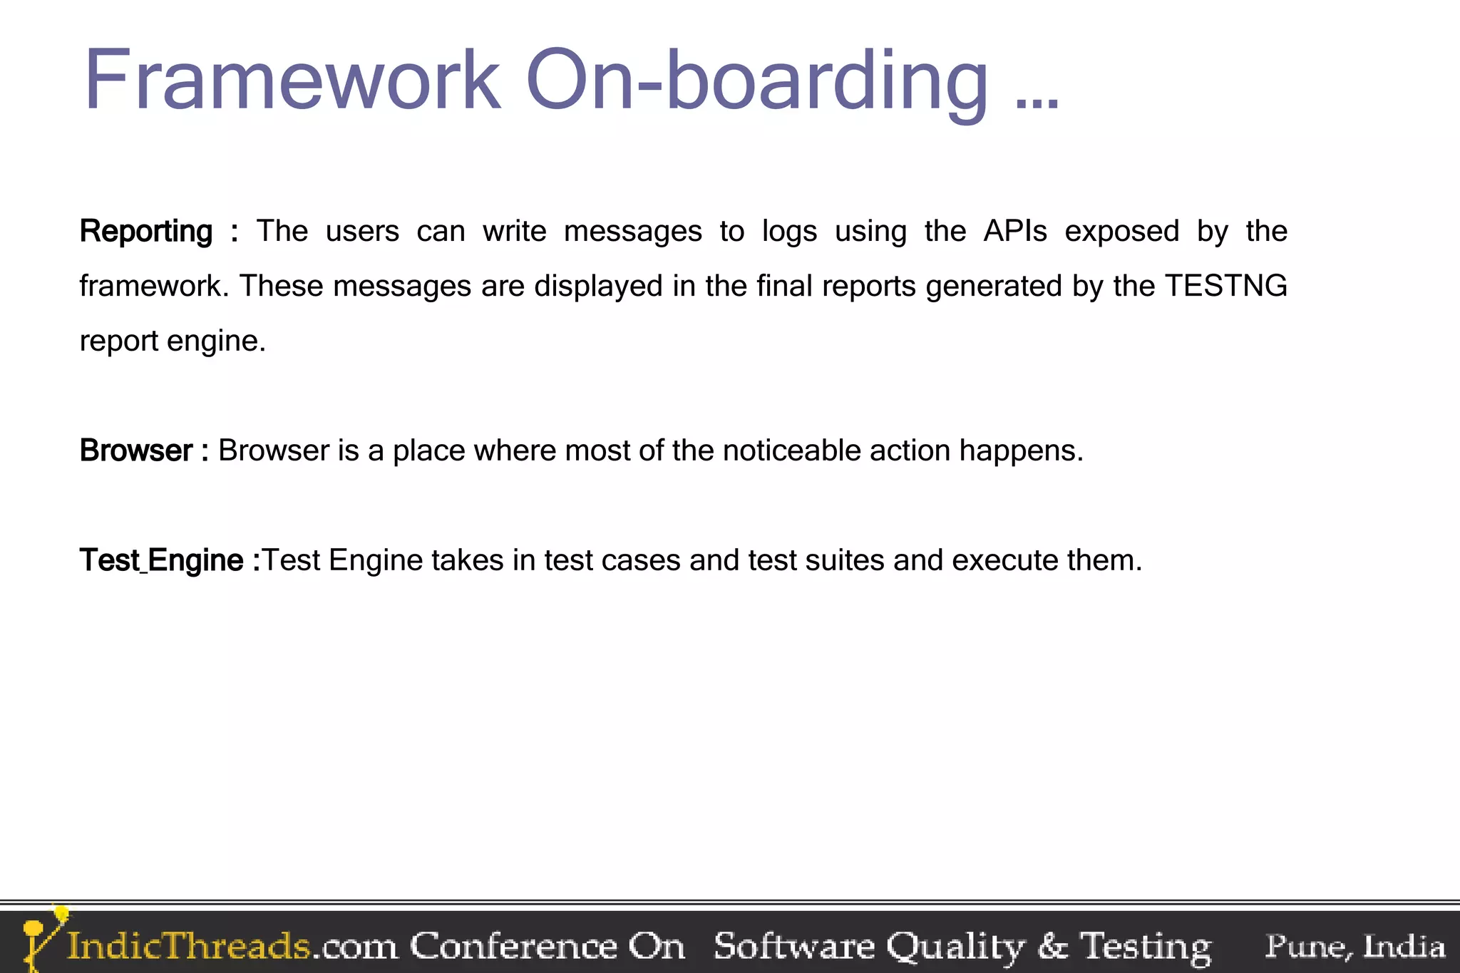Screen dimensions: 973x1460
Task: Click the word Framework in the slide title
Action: (292, 80)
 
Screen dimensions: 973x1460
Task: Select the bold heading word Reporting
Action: (146, 232)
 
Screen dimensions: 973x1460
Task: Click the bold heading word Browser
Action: (135, 451)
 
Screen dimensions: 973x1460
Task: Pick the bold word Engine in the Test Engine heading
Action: (196, 560)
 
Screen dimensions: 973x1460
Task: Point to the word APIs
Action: (1014, 231)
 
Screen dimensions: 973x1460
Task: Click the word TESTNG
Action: (1226, 286)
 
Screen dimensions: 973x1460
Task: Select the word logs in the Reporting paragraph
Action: (789, 232)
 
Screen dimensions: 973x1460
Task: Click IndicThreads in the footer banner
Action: (189, 946)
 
